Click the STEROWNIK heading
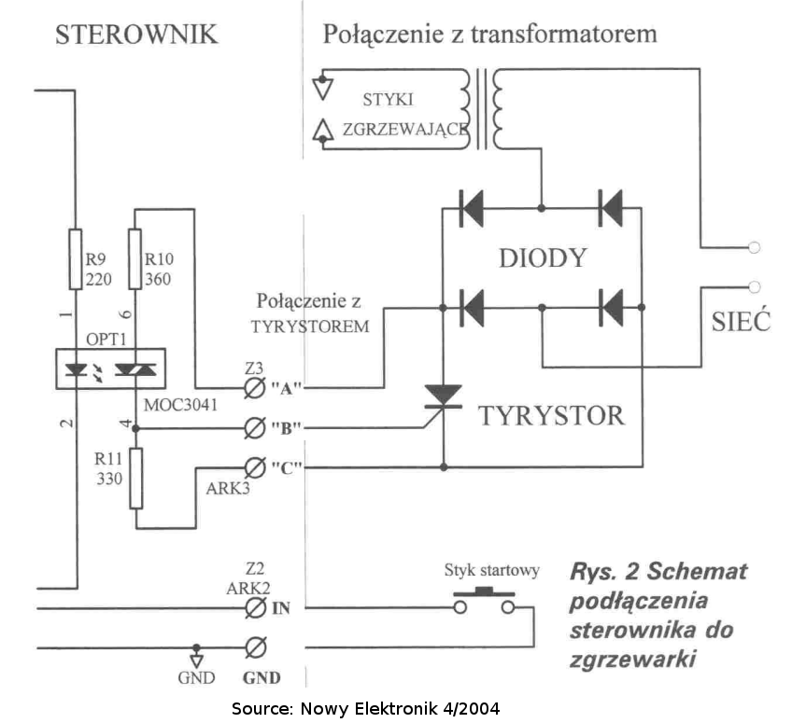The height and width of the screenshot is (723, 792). tap(136, 35)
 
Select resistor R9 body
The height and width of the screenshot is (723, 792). tap(76, 259)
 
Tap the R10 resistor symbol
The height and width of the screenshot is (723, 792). tap(134, 259)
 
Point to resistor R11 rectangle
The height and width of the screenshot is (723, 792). tap(135, 479)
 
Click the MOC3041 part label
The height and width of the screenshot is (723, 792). tap(180, 405)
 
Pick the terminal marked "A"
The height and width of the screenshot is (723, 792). tap(255, 388)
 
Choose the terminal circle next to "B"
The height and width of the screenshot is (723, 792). tap(255, 428)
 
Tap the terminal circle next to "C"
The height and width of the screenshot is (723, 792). tap(255, 467)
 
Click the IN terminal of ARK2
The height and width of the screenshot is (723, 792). tap(256, 608)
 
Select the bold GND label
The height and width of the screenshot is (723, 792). tap(262, 677)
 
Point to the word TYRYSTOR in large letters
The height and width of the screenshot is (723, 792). tap(551, 416)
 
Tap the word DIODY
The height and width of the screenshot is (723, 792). tap(543, 258)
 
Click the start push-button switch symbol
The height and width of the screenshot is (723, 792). tap(484, 601)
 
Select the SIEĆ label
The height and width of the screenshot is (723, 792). tap(741, 322)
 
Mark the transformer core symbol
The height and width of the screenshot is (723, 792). tap(482, 109)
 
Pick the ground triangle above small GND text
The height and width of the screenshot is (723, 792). tap(196, 660)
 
